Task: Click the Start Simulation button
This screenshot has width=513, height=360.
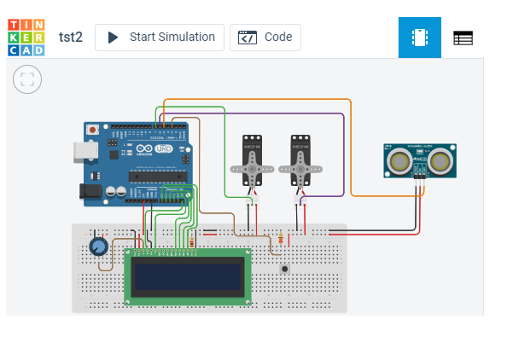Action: (x=160, y=38)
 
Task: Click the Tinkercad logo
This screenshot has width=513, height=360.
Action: (x=26, y=38)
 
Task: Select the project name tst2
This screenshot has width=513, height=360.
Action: (x=70, y=38)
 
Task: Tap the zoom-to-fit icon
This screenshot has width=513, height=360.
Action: (x=27, y=80)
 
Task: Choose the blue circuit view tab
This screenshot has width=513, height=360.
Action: (x=420, y=38)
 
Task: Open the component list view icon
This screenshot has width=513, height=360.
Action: (x=463, y=38)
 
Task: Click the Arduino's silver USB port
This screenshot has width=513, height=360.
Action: (x=85, y=151)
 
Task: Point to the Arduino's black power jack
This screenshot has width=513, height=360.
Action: (x=90, y=193)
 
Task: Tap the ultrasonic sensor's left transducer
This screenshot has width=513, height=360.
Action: (x=399, y=160)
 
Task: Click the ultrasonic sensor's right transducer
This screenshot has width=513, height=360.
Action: (x=440, y=160)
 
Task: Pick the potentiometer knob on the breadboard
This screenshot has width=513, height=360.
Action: (x=99, y=247)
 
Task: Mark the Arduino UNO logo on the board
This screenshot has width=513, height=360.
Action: (x=159, y=150)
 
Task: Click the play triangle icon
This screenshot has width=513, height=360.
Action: (x=113, y=38)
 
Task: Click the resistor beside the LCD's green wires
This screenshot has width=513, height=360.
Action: (x=193, y=242)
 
